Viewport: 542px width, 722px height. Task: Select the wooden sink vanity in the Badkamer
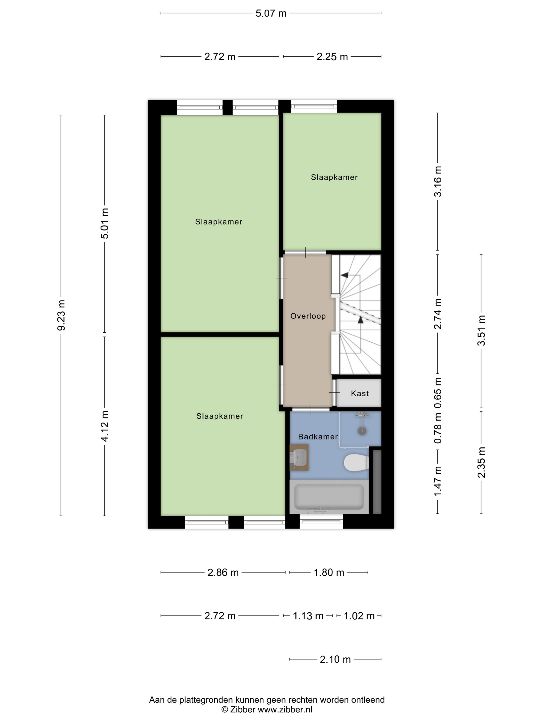point(299,457)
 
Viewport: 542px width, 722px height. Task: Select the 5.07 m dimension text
point(271,13)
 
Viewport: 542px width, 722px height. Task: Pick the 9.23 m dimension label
point(61,315)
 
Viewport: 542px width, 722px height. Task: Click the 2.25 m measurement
point(332,57)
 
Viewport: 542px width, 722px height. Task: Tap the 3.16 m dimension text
point(438,181)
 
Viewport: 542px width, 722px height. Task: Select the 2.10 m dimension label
point(335,659)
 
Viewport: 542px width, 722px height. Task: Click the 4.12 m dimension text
point(105,426)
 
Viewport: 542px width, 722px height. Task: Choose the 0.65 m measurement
point(438,393)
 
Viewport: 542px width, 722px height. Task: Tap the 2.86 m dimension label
point(223,572)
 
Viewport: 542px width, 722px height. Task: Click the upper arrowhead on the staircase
point(344,275)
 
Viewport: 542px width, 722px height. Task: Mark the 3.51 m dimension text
point(481,330)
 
